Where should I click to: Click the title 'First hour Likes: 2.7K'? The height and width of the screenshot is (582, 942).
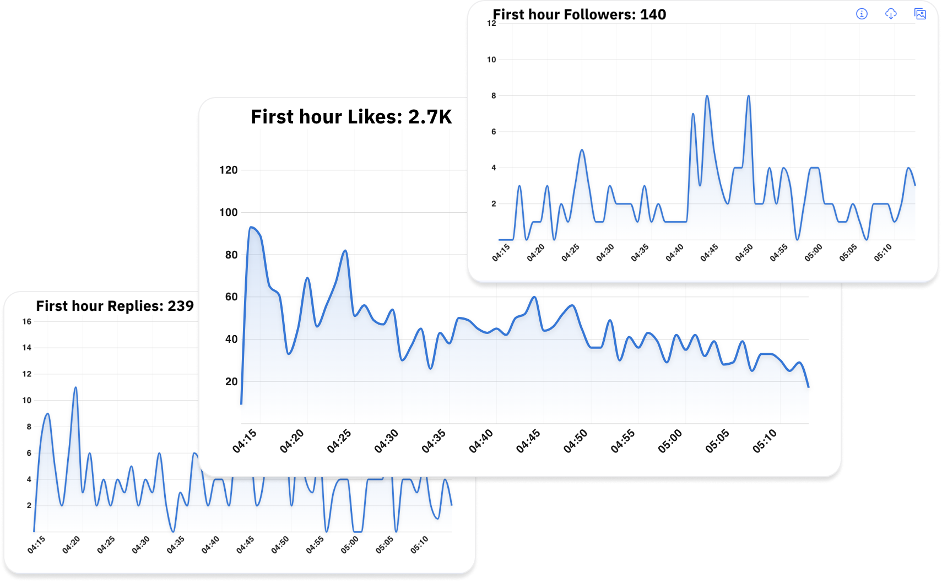click(x=351, y=117)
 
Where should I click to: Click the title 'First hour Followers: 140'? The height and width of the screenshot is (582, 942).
click(x=579, y=14)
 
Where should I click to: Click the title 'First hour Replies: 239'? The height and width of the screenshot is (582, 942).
click(x=115, y=306)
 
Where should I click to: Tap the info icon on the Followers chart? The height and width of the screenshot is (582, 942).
click(x=862, y=14)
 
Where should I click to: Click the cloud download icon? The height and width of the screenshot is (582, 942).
click(x=891, y=14)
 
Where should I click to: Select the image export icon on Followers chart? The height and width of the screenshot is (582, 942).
click(x=920, y=14)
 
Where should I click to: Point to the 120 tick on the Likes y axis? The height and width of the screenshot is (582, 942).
click(x=228, y=170)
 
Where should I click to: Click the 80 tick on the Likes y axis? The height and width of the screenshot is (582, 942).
click(x=231, y=255)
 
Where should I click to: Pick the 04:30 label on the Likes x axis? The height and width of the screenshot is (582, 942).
click(x=386, y=441)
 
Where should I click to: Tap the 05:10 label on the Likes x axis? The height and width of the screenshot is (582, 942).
click(x=765, y=441)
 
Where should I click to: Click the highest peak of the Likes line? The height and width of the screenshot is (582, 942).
click(x=251, y=227)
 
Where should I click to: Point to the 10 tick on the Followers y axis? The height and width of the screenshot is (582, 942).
click(x=491, y=60)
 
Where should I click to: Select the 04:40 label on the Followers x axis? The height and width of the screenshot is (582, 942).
click(x=674, y=252)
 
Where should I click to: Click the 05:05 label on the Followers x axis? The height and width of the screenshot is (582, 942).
click(x=848, y=252)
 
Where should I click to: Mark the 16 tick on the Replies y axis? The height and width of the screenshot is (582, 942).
click(x=26, y=321)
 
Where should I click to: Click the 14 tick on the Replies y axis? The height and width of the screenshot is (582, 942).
click(x=26, y=348)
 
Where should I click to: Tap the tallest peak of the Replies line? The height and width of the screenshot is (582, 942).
click(x=75, y=387)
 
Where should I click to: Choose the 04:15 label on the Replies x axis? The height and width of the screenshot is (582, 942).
click(x=36, y=545)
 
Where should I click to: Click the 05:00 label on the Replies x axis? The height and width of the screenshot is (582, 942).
click(x=350, y=545)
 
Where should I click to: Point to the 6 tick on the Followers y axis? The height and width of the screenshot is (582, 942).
click(x=494, y=132)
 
